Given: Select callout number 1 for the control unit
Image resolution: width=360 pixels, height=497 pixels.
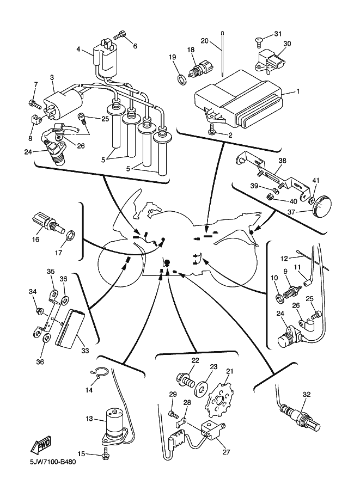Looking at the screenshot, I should click(298, 91).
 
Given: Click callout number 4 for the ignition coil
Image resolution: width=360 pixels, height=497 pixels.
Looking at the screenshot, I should click(78, 50).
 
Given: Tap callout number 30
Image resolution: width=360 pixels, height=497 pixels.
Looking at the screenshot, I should click(287, 44).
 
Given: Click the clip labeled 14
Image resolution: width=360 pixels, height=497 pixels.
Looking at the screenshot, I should click(97, 372).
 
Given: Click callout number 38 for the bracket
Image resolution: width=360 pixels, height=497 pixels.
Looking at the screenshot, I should click(282, 161).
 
